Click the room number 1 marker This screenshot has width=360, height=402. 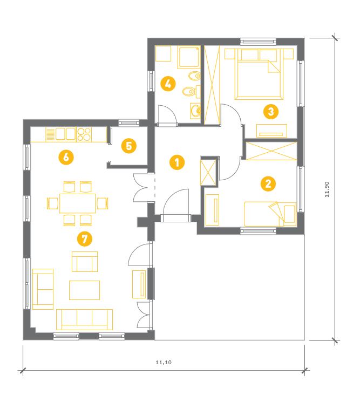[x=177, y=162]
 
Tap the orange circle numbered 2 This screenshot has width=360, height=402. [x=268, y=183]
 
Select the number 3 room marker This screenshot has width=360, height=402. [x=271, y=112]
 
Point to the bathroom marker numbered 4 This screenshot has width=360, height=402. [x=168, y=84]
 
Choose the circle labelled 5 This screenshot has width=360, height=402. [x=128, y=146]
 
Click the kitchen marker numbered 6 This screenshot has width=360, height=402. [x=66, y=157]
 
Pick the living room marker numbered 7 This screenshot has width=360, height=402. [x=85, y=239]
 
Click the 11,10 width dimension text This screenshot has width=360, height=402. [x=164, y=363]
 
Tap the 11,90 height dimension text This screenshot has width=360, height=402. [x=327, y=189]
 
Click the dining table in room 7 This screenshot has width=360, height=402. [x=77, y=203]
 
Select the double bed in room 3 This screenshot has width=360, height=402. [x=259, y=74]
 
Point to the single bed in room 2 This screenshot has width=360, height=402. [x=270, y=214]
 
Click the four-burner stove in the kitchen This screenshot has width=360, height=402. [x=84, y=134]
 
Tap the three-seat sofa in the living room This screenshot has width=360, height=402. [x=84, y=319]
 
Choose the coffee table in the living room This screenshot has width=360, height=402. [x=84, y=290]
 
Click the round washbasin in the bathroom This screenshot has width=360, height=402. [x=195, y=111]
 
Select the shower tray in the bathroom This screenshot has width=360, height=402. [x=189, y=57]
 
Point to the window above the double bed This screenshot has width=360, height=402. [x=258, y=41]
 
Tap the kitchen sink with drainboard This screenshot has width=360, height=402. [x=61, y=134]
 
